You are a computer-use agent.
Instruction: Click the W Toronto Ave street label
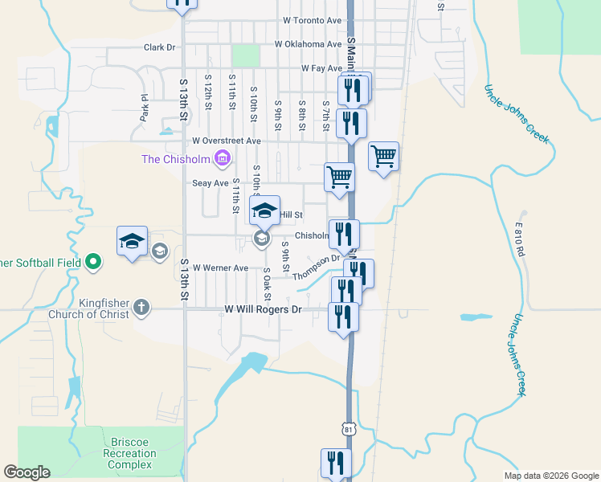(313, 20)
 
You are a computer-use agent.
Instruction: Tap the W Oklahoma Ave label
(308, 44)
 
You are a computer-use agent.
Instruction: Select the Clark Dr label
(159, 47)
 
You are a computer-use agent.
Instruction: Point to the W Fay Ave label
(322, 69)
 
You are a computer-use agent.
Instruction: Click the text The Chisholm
(177, 159)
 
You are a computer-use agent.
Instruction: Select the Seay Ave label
(188, 183)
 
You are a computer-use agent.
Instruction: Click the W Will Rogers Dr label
(263, 309)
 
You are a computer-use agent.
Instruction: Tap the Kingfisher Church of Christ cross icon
(141, 306)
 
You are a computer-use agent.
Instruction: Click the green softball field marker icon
(93, 262)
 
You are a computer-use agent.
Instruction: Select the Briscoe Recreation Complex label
(130, 454)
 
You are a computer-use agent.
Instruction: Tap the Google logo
(27, 472)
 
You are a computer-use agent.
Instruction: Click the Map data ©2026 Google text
(550, 476)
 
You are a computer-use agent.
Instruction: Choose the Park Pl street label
(145, 107)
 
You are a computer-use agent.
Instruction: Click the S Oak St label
(266, 280)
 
